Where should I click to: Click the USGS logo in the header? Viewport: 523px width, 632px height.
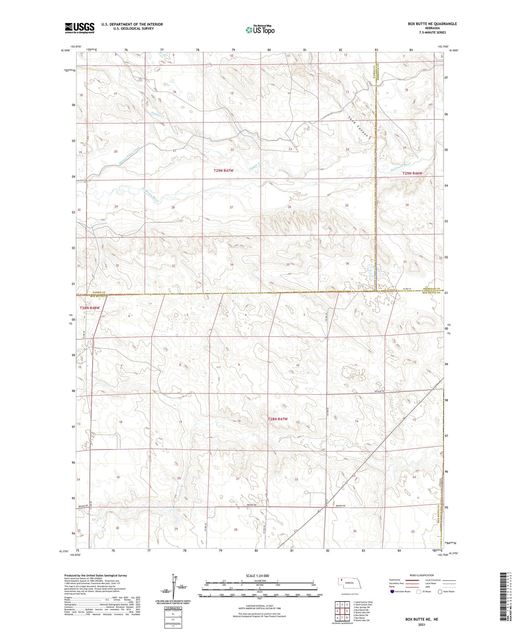pos(80,28)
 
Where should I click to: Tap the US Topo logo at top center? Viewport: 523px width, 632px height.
pos(260,30)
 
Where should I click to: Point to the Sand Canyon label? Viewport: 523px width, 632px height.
pos(359,127)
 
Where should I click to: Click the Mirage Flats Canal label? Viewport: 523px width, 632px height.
pos(129,156)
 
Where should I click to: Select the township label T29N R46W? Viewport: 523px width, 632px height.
pos(412,173)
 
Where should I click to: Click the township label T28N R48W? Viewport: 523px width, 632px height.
pos(89,308)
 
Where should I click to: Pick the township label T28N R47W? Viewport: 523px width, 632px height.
pos(278,419)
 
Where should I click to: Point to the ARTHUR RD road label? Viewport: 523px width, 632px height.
pos(378,391)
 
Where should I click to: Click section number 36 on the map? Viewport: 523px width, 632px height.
pos(347,264)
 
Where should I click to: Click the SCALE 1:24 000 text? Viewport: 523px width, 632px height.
pos(257,576)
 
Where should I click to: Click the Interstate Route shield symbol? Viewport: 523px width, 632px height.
pos(393,591)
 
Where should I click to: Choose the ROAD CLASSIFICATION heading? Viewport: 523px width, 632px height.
pos(422,575)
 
